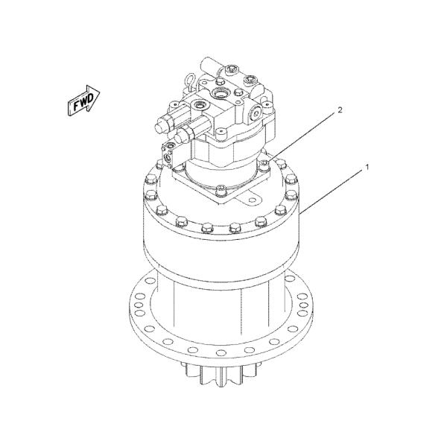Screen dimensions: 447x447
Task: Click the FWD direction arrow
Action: [x=83, y=100]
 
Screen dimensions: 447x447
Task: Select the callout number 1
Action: [x=367, y=168]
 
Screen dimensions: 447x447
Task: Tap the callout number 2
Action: [x=340, y=110]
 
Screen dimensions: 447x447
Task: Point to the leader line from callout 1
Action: [x=331, y=190]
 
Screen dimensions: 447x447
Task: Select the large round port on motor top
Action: [x=221, y=92]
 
